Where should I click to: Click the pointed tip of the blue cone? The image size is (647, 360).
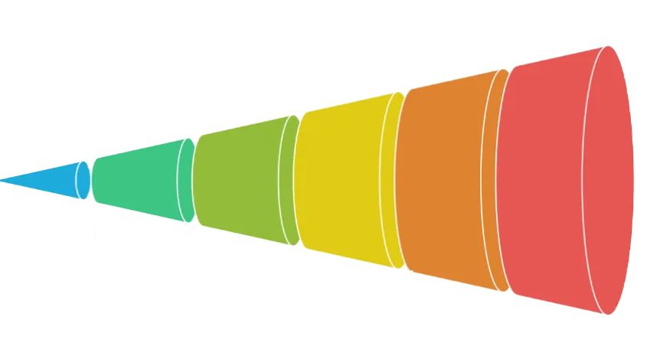3,181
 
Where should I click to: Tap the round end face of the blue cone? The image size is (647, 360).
83,180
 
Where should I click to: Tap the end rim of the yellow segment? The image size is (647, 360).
397,179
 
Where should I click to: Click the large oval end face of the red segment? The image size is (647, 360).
609,179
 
